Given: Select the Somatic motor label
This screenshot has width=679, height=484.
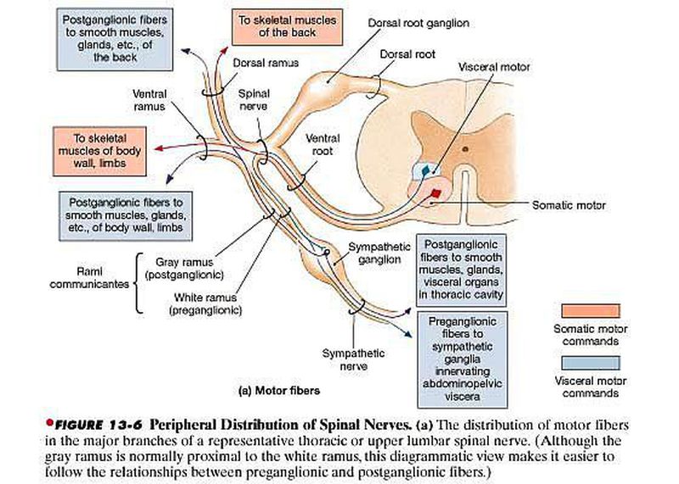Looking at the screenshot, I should (568, 204).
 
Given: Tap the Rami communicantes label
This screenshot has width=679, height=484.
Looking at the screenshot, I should (93, 279).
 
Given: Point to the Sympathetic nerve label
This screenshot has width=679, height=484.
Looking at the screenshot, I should (348, 359).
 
